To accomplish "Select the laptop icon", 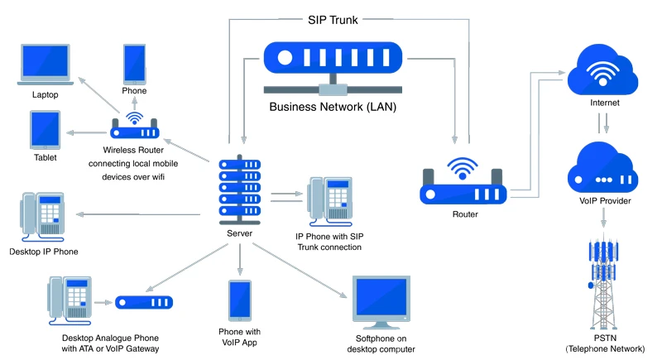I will pos(46,65).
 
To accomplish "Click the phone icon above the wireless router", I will pos(135,63).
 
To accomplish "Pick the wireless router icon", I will pos(134,127).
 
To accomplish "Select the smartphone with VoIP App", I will pos(240,300).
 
